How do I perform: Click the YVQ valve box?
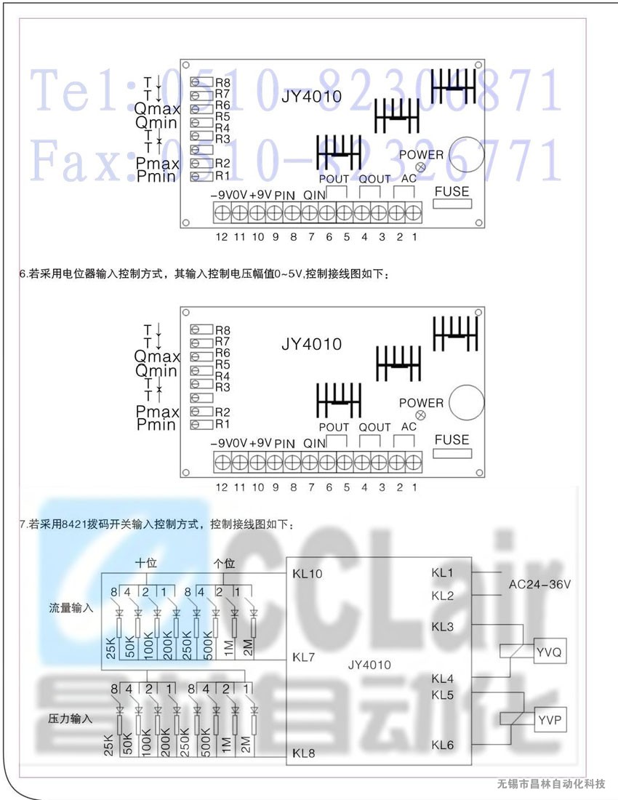tap(548, 652)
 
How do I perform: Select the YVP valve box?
tap(550, 721)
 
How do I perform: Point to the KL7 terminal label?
tap(303, 657)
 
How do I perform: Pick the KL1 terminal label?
tap(442, 573)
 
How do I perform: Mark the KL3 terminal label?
tap(442, 626)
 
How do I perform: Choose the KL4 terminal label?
tap(442, 679)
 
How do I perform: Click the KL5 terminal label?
tap(442, 695)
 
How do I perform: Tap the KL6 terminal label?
tap(442, 745)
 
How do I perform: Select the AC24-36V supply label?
tap(540, 584)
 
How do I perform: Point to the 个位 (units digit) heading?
tap(224, 563)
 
